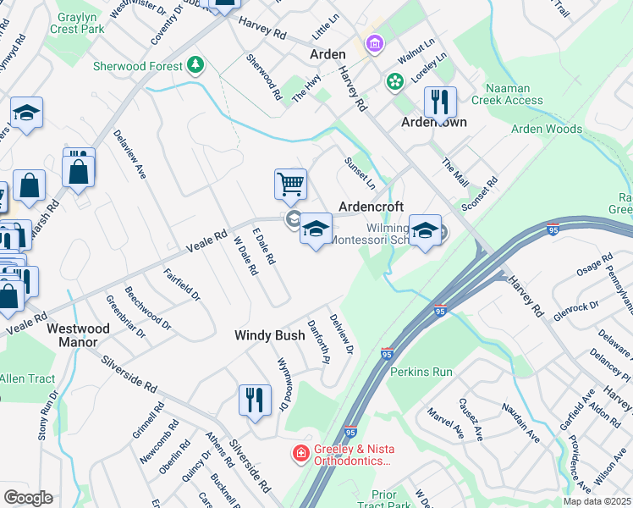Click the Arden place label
click(x=328, y=53)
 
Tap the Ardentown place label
click(x=434, y=122)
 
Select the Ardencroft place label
click(x=371, y=207)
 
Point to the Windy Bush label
click(x=269, y=335)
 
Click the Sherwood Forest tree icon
click(x=195, y=64)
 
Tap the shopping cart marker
click(x=290, y=183)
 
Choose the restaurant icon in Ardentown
click(x=440, y=102)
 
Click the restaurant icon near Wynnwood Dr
click(x=255, y=399)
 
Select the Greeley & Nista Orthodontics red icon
click(x=300, y=455)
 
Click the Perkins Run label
click(x=421, y=372)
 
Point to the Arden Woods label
click(x=547, y=130)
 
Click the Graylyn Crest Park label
click(x=82, y=21)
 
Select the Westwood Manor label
click(x=78, y=334)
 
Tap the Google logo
click(x=28, y=498)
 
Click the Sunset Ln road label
click(x=360, y=172)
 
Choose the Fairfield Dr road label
click(x=182, y=285)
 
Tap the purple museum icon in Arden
click(x=373, y=42)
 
